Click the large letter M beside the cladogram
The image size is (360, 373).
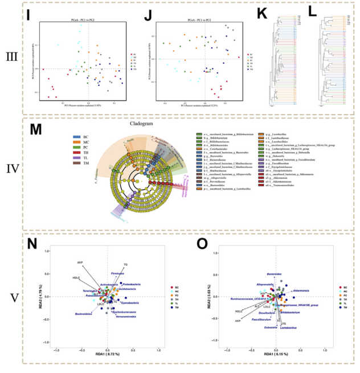(35, 129)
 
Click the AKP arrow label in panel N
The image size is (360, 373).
(80, 263)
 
